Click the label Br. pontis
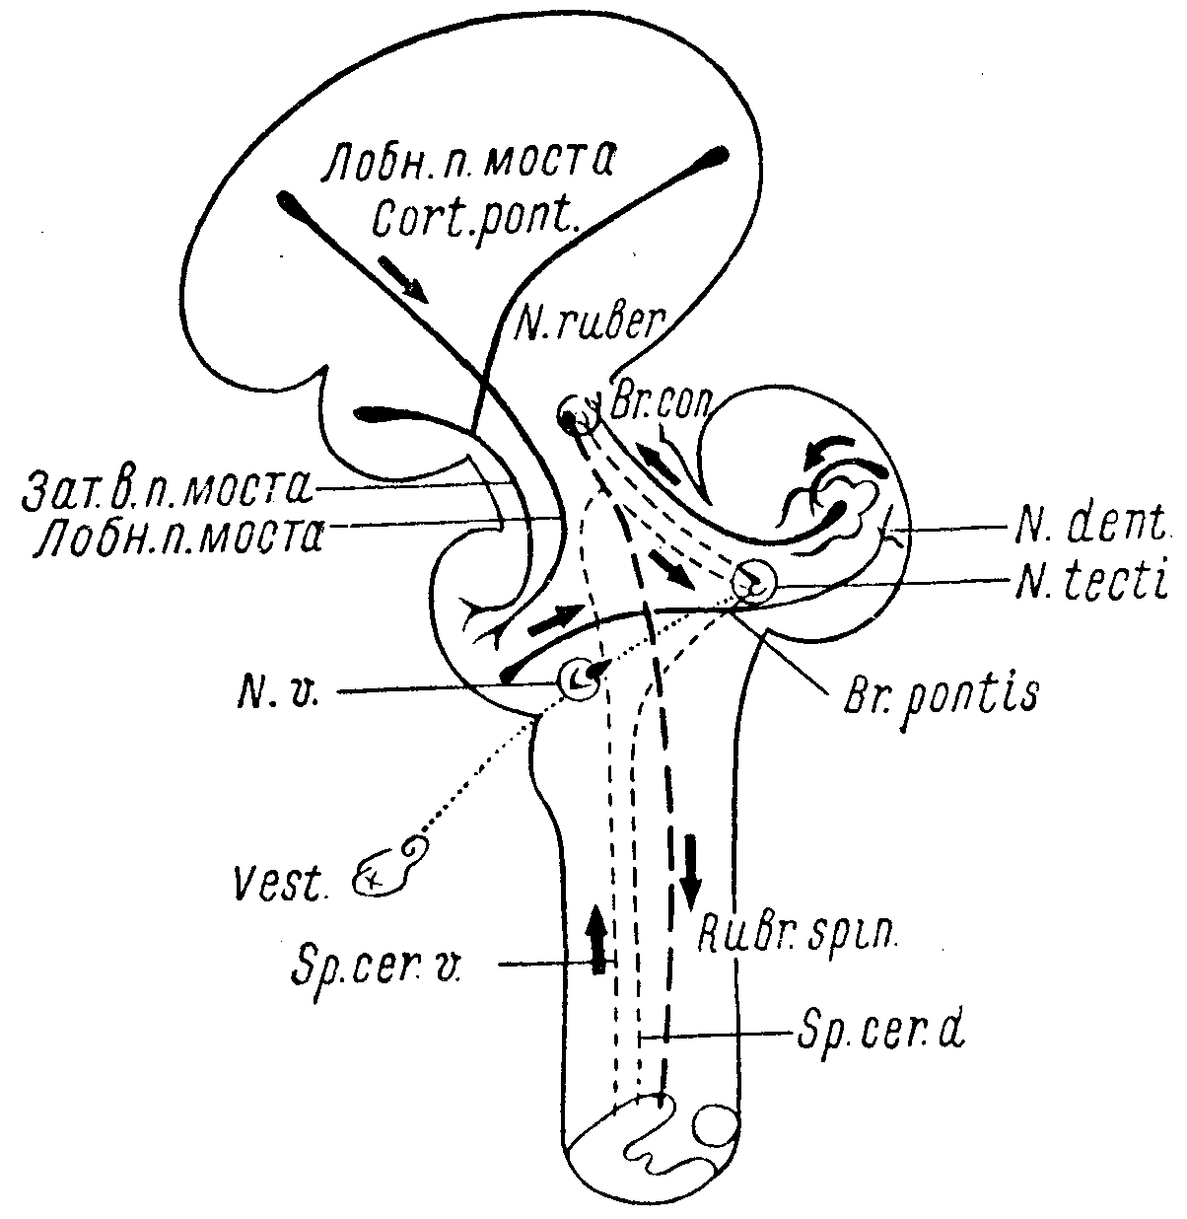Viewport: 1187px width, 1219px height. [x=943, y=694]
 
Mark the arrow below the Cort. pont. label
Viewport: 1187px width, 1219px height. [x=403, y=279]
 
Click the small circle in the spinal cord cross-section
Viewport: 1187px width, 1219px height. [x=714, y=1125]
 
